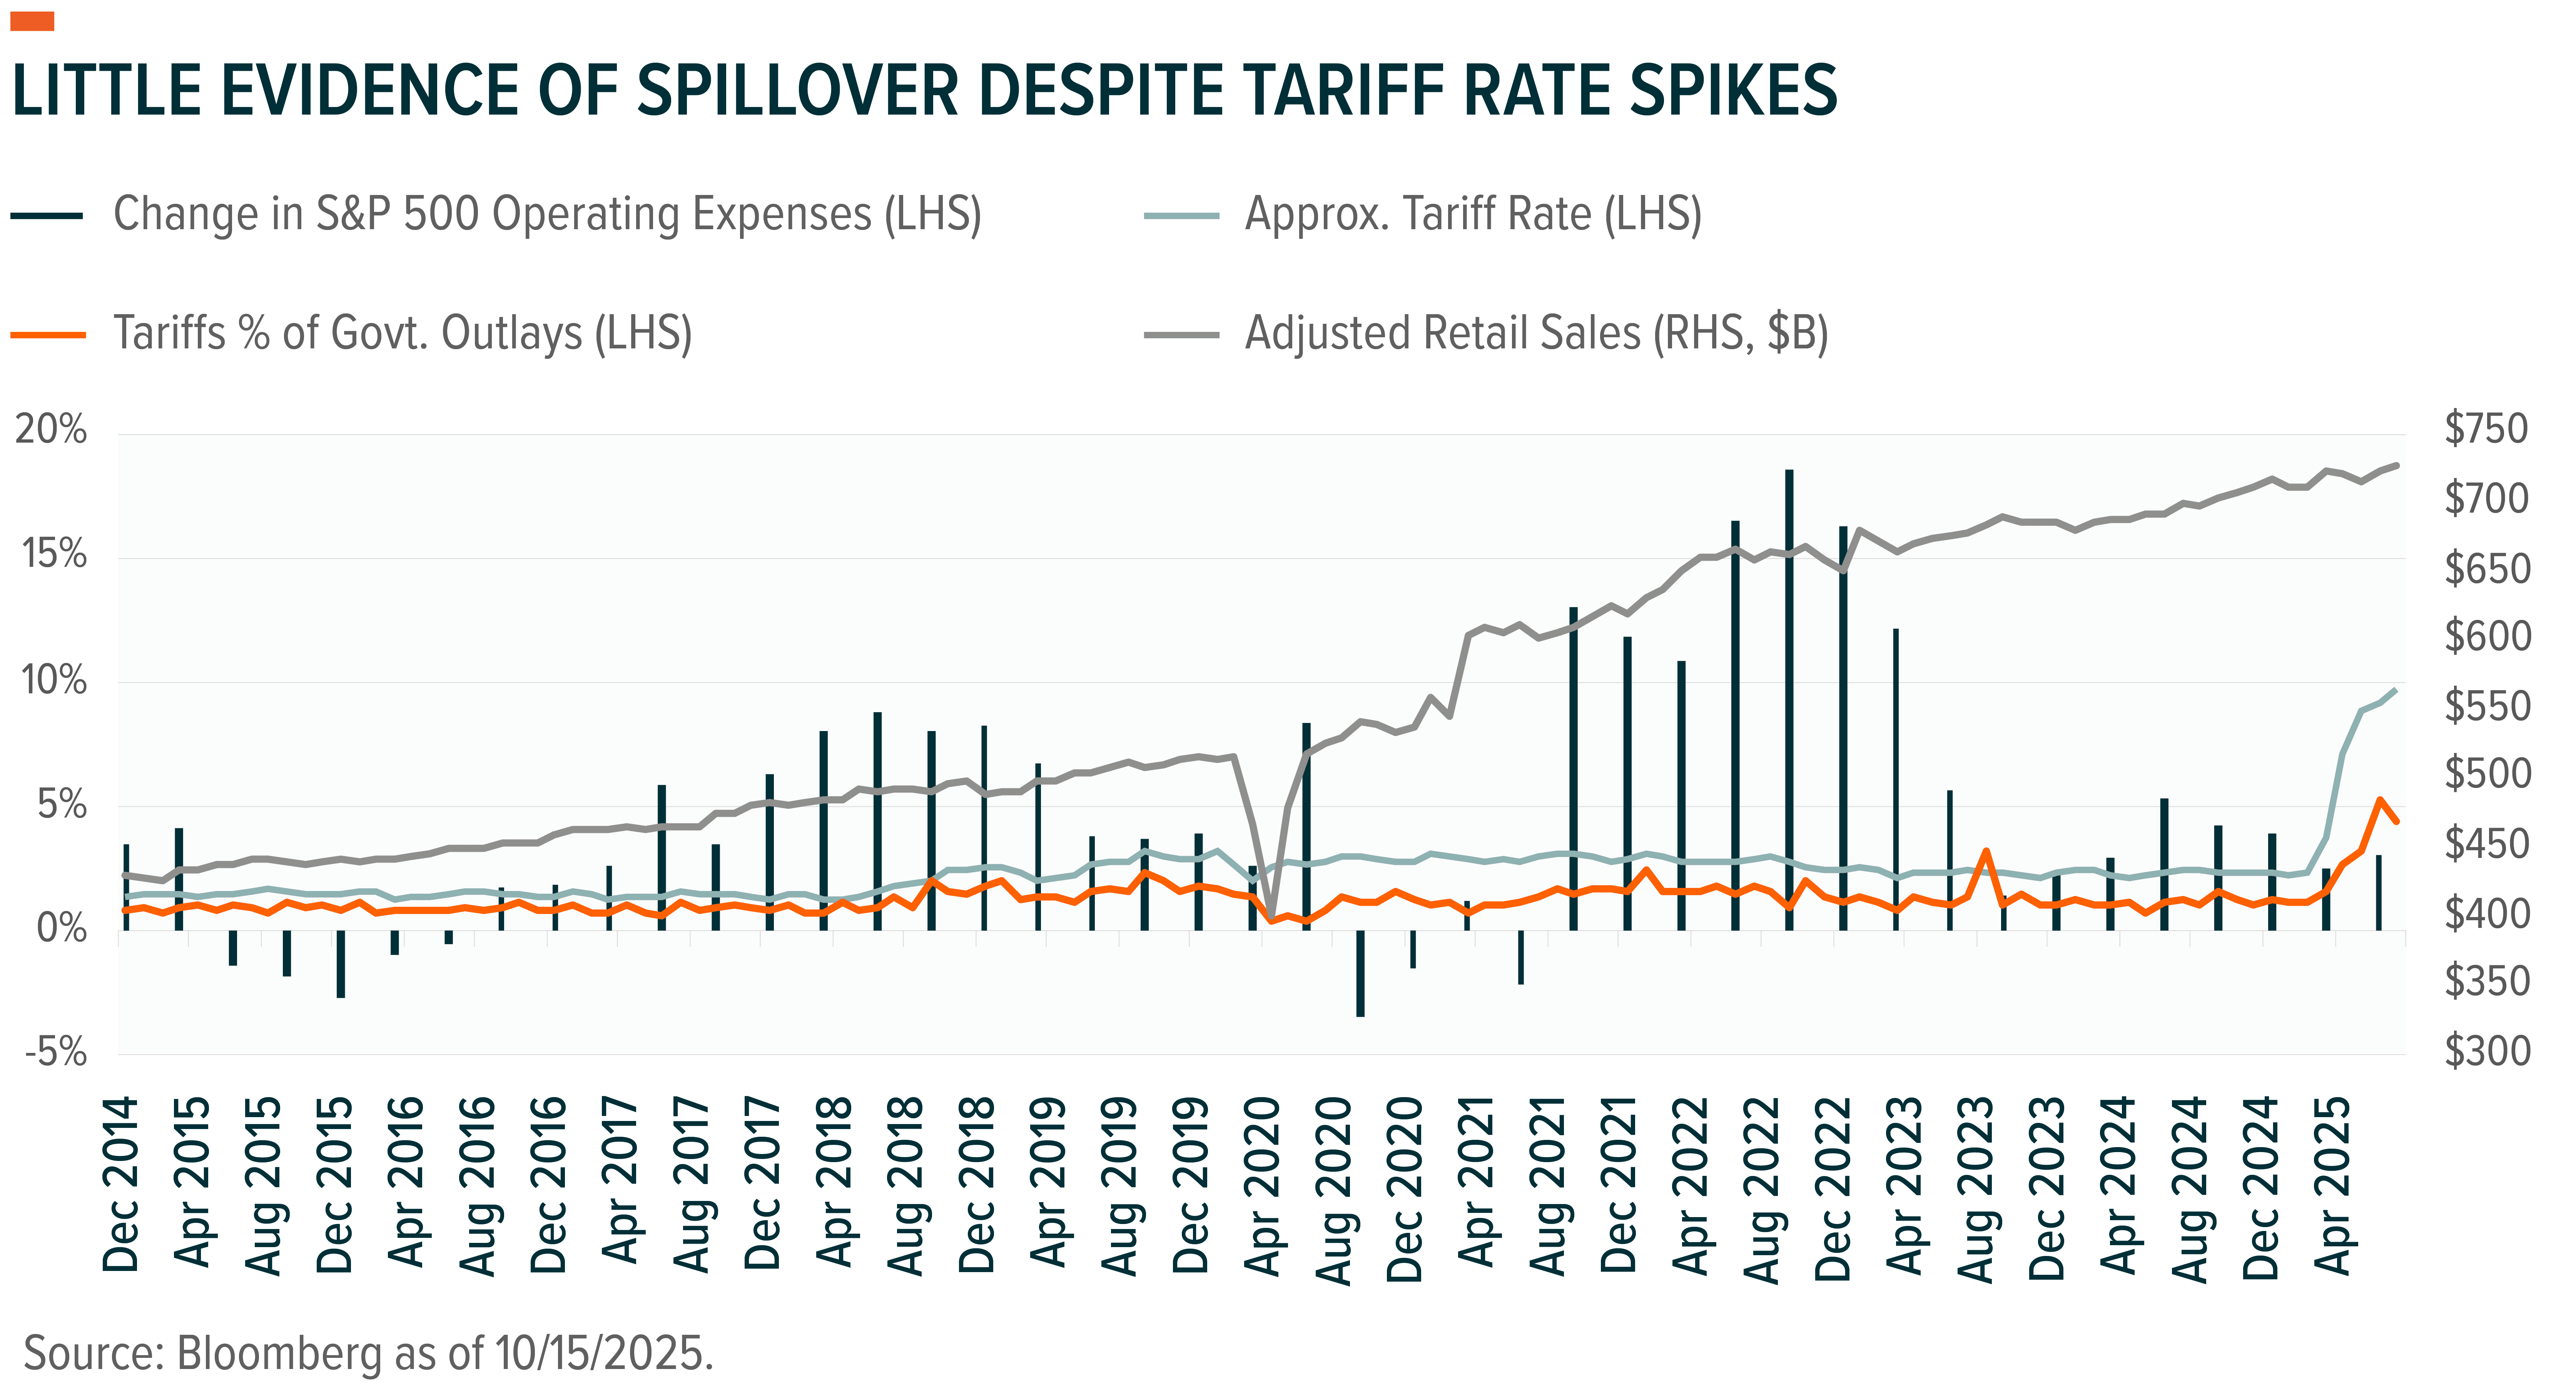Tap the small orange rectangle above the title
[32, 22]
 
